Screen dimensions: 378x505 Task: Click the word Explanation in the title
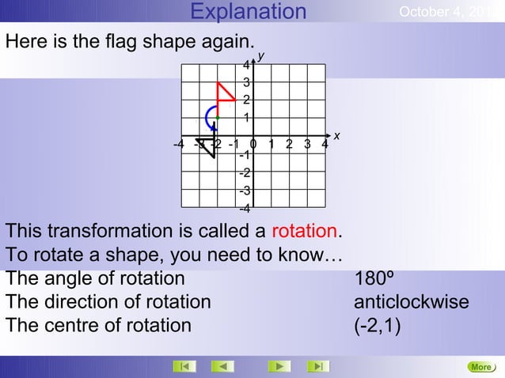pyautogui.click(x=249, y=12)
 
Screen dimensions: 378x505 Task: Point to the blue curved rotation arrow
pyautogui.click(x=209, y=119)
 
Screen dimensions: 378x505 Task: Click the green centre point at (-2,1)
pyautogui.click(x=217, y=118)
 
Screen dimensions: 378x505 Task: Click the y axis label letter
pyautogui.click(x=260, y=55)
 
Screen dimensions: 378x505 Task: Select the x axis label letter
pyautogui.click(x=336, y=136)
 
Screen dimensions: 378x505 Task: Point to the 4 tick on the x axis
pyautogui.click(x=325, y=144)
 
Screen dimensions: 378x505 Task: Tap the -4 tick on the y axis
pyautogui.click(x=245, y=209)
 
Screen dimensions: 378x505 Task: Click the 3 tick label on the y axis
pyautogui.click(x=247, y=82)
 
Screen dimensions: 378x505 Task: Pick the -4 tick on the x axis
pyautogui.click(x=179, y=144)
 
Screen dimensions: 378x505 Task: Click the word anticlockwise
pyautogui.click(x=411, y=302)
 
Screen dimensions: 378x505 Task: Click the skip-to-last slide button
pyautogui.click(x=318, y=366)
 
